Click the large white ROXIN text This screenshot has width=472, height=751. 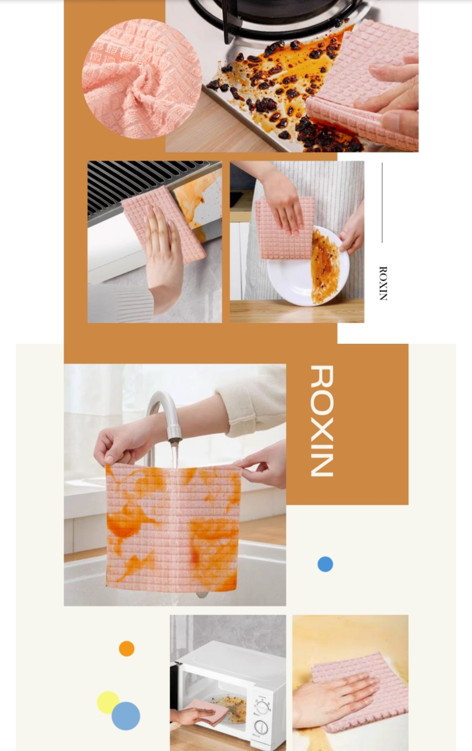322,421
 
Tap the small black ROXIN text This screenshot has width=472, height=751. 383,283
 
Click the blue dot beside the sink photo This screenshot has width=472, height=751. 325,564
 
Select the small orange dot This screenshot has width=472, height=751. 127,648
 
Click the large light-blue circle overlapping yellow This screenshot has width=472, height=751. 126,716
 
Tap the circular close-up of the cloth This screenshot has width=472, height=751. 142,79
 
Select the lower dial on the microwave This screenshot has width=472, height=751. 261,727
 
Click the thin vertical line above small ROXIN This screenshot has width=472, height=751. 382,203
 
